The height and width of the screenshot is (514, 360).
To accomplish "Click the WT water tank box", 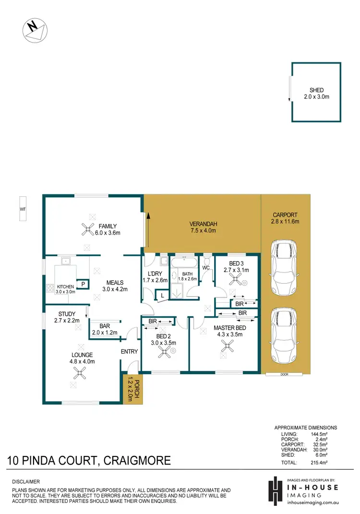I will (x=23, y=209).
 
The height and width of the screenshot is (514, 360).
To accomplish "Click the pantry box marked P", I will (x=83, y=284).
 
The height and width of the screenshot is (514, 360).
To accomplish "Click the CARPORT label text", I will (x=286, y=218).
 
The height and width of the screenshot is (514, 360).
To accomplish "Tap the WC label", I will (x=207, y=267).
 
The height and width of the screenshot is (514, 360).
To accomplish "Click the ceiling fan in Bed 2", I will (x=164, y=351).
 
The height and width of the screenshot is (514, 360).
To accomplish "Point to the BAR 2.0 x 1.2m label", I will (x=105, y=328).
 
